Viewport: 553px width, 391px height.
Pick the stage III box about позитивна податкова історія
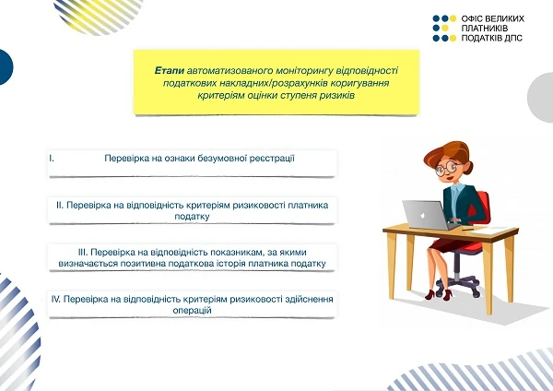(x=191, y=257)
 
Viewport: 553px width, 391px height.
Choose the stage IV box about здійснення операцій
(x=191, y=304)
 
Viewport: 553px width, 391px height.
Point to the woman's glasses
(x=448, y=169)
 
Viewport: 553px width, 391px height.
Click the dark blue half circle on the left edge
(x=5, y=67)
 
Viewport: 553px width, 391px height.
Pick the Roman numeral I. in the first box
(x=53, y=159)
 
